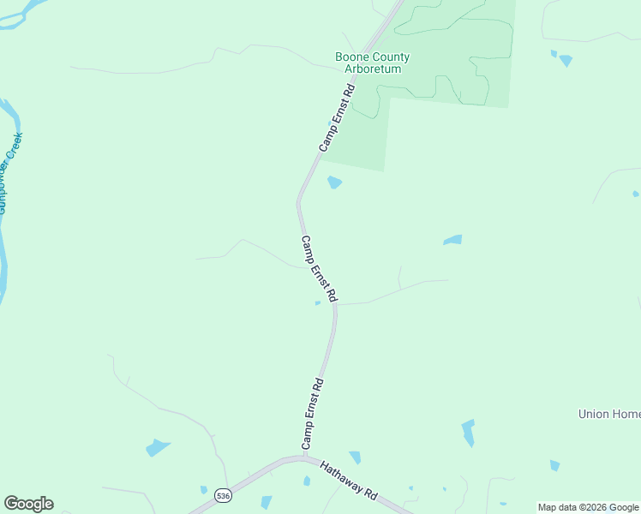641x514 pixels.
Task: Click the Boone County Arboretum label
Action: point(372,63)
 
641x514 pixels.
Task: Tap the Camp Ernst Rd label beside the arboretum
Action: point(337,117)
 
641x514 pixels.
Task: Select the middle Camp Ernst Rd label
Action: point(318,268)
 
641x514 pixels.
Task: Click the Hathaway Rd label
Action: point(349,481)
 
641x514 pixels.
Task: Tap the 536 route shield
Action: point(223,496)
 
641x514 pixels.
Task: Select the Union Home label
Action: point(608,414)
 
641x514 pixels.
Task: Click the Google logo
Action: point(28,504)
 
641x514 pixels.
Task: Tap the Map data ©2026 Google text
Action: point(588,507)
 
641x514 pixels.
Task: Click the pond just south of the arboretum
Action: point(334,182)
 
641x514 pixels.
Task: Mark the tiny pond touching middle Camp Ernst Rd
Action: point(318,302)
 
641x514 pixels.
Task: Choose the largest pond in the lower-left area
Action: point(157,447)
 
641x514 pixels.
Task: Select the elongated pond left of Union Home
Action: point(468,433)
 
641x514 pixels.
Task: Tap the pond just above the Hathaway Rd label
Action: point(355,457)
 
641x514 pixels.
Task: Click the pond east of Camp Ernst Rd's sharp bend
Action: point(452,240)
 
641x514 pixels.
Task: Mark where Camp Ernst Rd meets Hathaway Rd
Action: point(303,457)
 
